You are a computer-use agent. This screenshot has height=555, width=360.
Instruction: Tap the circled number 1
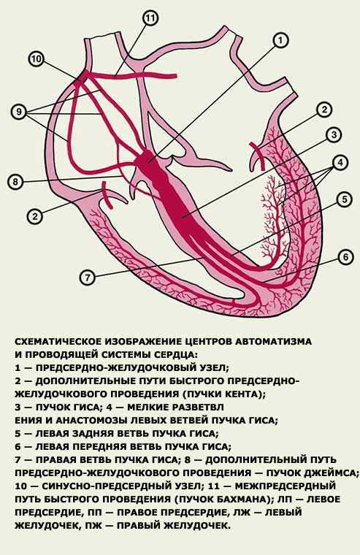(x=280, y=40)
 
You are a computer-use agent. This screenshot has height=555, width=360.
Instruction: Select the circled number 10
(x=36, y=59)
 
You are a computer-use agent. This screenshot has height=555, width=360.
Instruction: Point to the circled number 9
(x=19, y=112)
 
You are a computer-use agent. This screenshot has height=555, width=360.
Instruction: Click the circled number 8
(x=15, y=183)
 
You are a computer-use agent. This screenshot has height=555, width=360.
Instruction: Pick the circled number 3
(x=334, y=135)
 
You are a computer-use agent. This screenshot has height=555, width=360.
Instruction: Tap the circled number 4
(x=340, y=163)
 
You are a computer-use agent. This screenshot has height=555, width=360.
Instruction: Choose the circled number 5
(x=345, y=199)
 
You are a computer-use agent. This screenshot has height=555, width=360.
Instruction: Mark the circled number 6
(x=345, y=256)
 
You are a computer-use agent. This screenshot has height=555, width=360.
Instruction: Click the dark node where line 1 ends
(x=147, y=158)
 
